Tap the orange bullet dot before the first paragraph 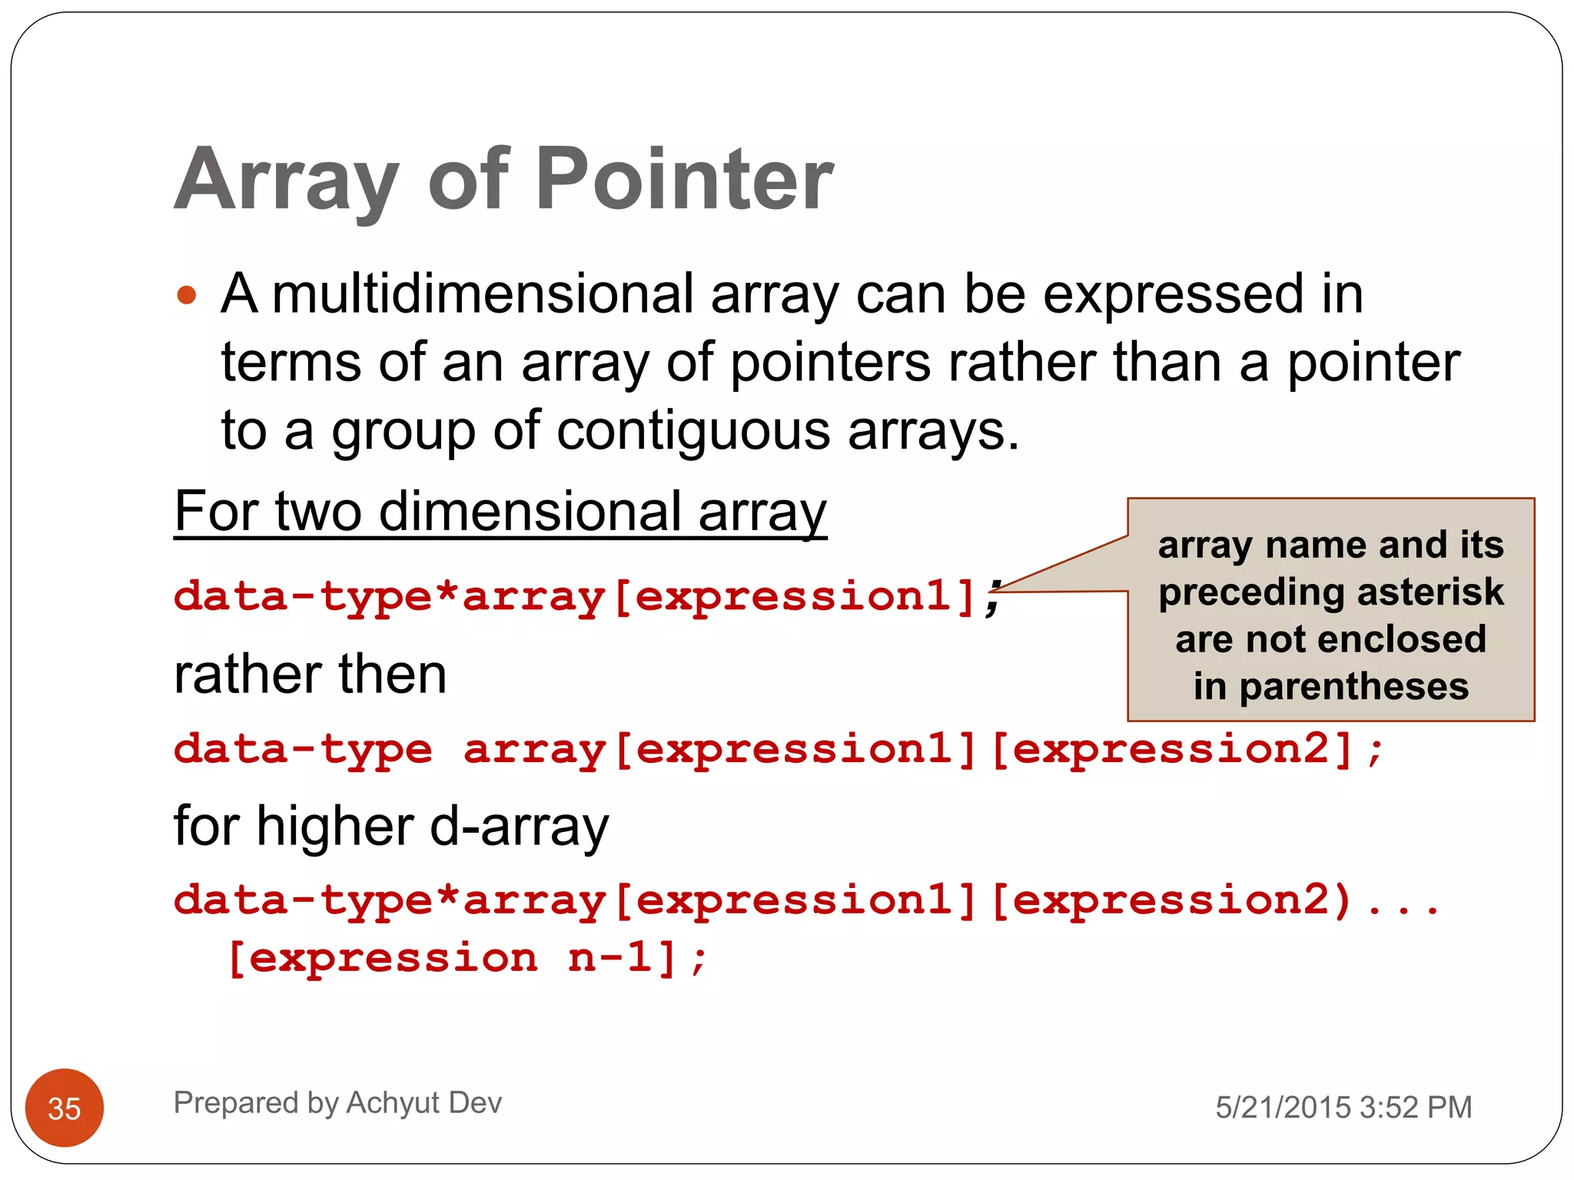[x=187, y=295]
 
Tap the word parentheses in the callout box [x=1353, y=686]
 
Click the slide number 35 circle [x=65, y=1108]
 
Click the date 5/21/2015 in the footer [x=1283, y=1107]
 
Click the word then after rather [x=392, y=675]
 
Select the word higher [x=336, y=827]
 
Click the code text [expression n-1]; [x=467, y=958]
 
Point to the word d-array [x=519, y=827]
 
